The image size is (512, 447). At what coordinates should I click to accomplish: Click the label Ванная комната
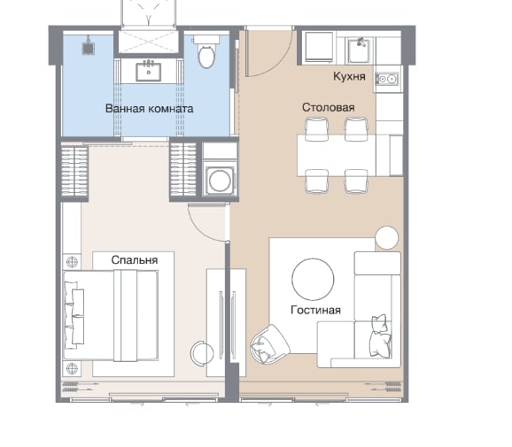click(x=149, y=108)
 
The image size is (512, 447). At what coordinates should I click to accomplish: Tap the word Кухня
click(x=349, y=76)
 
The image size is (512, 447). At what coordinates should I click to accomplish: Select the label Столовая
click(x=328, y=107)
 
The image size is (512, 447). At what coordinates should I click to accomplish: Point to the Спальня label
click(x=135, y=259)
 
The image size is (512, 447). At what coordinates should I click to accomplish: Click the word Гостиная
click(x=315, y=310)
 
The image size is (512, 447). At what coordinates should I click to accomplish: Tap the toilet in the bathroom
click(x=206, y=51)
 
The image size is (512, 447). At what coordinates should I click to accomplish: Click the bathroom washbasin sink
click(x=149, y=72)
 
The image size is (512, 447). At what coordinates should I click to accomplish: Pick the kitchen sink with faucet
click(x=359, y=50)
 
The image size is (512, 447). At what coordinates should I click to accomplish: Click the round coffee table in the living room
click(x=313, y=280)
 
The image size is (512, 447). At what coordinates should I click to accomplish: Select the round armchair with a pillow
click(x=269, y=344)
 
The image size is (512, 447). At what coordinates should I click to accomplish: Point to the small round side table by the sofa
click(x=386, y=237)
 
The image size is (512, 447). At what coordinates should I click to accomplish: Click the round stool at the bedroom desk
click(x=202, y=353)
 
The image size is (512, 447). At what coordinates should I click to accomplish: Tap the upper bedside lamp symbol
click(x=72, y=262)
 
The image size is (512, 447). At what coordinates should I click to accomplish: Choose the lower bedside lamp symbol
click(x=72, y=368)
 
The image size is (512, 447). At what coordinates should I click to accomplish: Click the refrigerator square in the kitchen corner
click(x=320, y=47)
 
